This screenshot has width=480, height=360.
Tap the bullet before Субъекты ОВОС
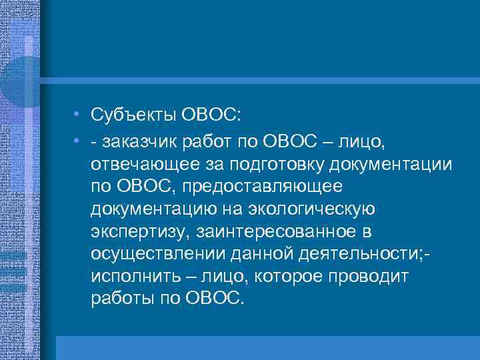tap(78, 115)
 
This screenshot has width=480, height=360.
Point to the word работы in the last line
tap(121, 299)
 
